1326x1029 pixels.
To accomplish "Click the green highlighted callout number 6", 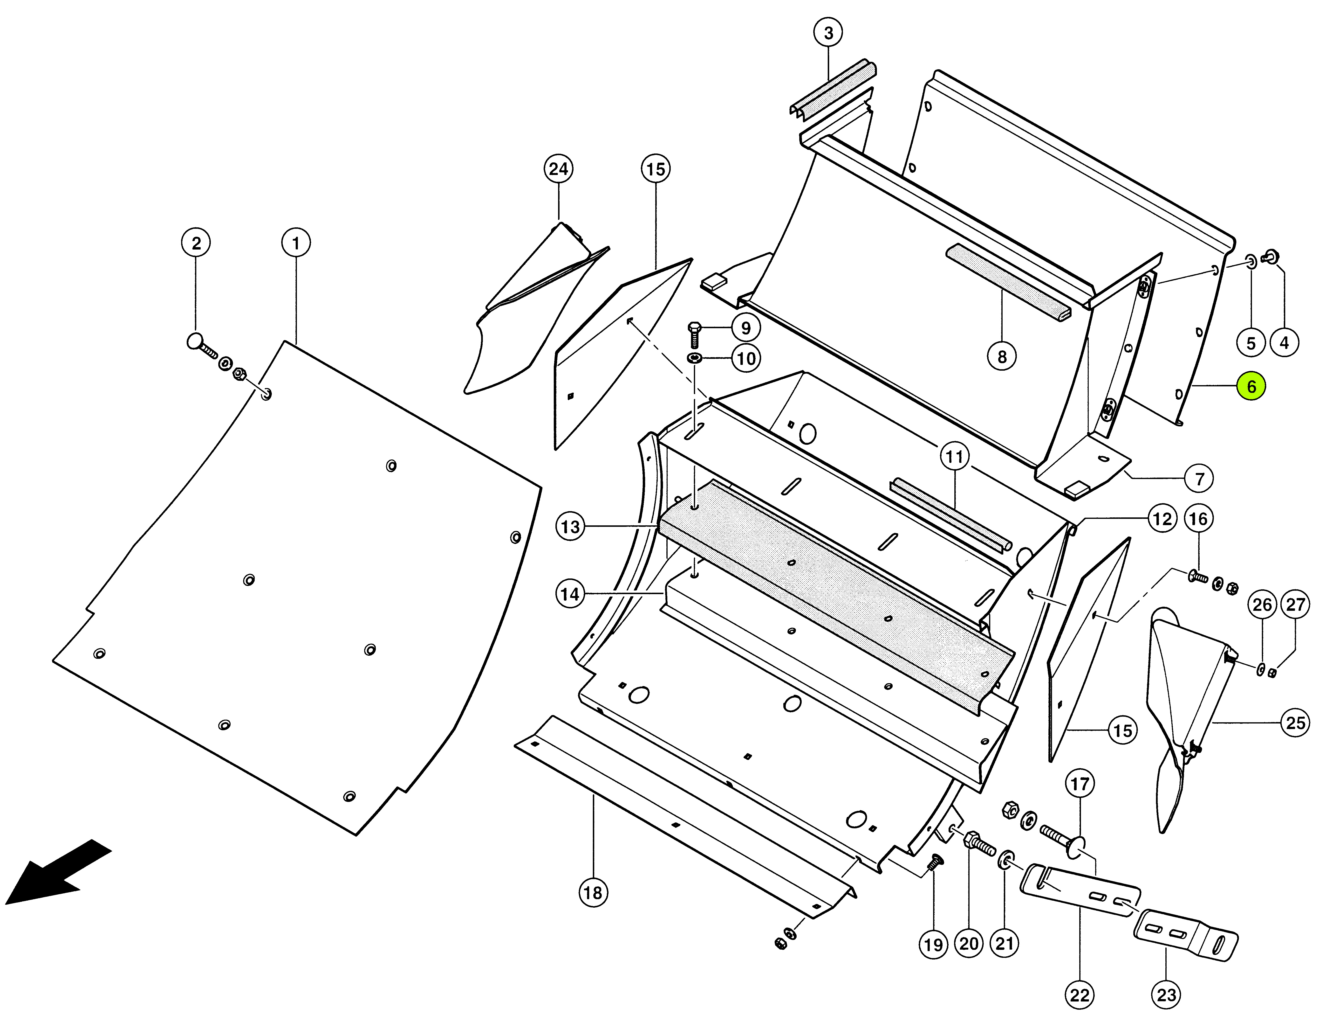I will [x=1251, y=386].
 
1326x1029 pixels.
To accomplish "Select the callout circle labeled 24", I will [x=559, y=169].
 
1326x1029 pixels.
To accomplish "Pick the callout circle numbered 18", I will [x=593, y=892].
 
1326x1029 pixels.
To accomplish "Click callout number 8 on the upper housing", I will [x=1002, y=357].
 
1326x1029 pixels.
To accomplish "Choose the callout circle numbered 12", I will [x=1162, y=519].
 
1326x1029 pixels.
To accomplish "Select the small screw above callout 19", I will [x=934, y=862].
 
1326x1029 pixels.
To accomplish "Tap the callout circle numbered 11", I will [x=954, y=457].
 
